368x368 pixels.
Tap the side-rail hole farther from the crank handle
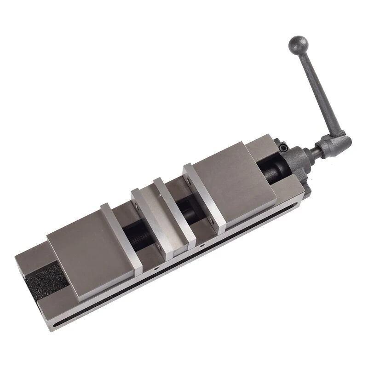[x=156, y=267]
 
